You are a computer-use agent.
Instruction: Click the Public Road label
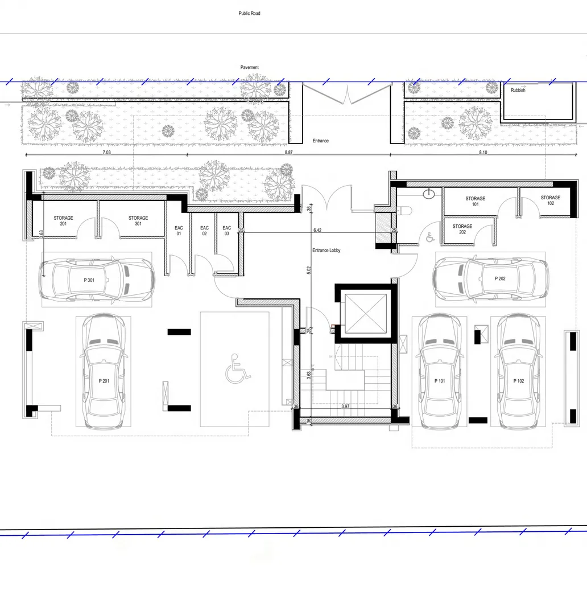click(x=249, y=13)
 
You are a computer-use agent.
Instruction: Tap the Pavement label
click(x=249, y=67)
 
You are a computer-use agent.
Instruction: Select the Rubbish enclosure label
click(x=518, y=90)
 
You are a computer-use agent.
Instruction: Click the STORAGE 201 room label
click(x=64, y=221)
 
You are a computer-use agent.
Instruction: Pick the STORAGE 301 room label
click(x=138, y=221)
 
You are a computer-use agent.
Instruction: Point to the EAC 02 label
click(x=205, y=231)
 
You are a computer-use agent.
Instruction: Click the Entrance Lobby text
click(x=326, y=250)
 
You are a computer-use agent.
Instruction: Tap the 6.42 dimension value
click(x=317, y=230)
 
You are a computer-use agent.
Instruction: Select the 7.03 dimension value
click(x=106, y=152)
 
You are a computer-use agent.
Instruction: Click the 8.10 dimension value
click(x=483, y=152)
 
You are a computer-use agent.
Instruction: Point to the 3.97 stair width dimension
click(x=345, y=407)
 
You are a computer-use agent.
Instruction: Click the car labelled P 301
click(x=97, y=280)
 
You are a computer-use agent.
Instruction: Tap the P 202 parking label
click(x=500, y=278)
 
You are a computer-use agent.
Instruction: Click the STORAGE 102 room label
click(x=551, y=200)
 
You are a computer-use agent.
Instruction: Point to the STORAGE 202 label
click(x=462, y=229)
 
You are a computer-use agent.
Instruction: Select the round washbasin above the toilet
click(x=429, y=194)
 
